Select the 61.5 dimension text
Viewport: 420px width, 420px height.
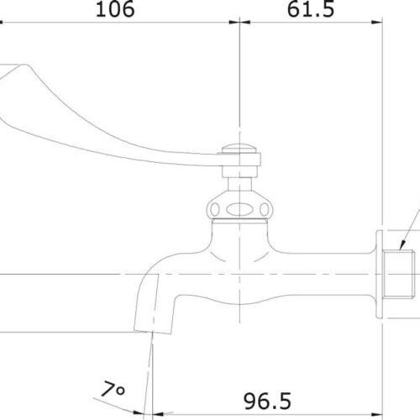click(310, 10)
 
